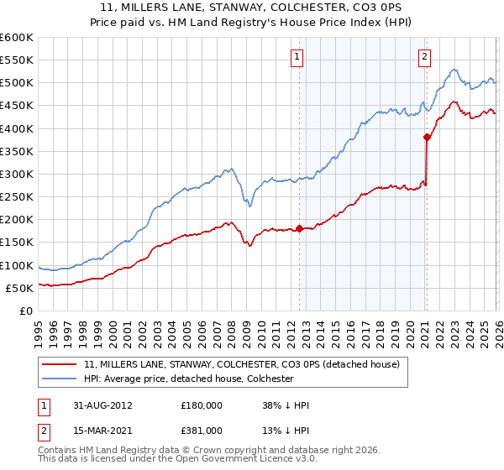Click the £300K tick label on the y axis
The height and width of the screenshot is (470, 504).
point(16,174)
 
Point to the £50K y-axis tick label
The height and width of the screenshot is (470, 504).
point(18,288)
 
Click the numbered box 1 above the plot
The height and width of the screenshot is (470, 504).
point(298,57)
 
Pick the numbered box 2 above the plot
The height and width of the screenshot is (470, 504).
point(424,57)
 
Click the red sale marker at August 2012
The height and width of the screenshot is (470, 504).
point(300,228)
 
